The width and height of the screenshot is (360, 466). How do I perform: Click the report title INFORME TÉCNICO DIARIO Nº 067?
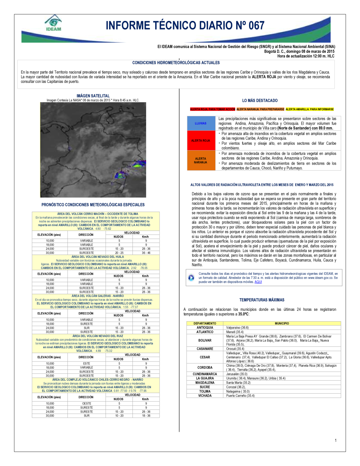click(x=185, y=26)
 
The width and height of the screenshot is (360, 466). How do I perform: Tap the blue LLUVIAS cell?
click(x=201, y=123)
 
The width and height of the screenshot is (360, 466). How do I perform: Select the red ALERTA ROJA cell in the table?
click(x=201, y=140)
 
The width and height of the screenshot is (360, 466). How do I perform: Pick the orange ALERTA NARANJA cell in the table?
click(x=201, y=160)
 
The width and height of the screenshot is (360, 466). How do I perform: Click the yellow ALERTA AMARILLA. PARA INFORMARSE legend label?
click(x=310, y=109)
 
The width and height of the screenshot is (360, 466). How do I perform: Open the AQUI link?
click(x=258, y=282)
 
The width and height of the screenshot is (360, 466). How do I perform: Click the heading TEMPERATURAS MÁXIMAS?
click(x=262, y=300)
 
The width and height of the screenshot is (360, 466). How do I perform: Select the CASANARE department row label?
click(x=205, y=349)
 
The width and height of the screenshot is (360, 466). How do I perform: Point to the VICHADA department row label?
click(x=205, y=395)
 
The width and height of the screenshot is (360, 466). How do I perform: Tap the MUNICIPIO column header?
click(x=282, y=323)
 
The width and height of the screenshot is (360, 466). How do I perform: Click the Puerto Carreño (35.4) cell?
click(x=240, y=395)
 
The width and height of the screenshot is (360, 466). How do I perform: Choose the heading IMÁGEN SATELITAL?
click(x=93, y=96)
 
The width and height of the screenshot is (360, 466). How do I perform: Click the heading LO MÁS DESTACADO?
click(x=260, y=100)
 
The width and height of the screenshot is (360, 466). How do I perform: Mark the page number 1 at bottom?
click(x=336, y=440)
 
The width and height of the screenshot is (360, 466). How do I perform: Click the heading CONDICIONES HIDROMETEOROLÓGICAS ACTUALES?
click(x=176, y=63)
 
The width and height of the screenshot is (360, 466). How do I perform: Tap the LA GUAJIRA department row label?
click(x=205, y=378)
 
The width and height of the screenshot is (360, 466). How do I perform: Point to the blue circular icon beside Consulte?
click(x=191, y=278)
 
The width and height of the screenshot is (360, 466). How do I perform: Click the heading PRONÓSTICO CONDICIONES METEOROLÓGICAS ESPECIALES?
click(x=93, y=205)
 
